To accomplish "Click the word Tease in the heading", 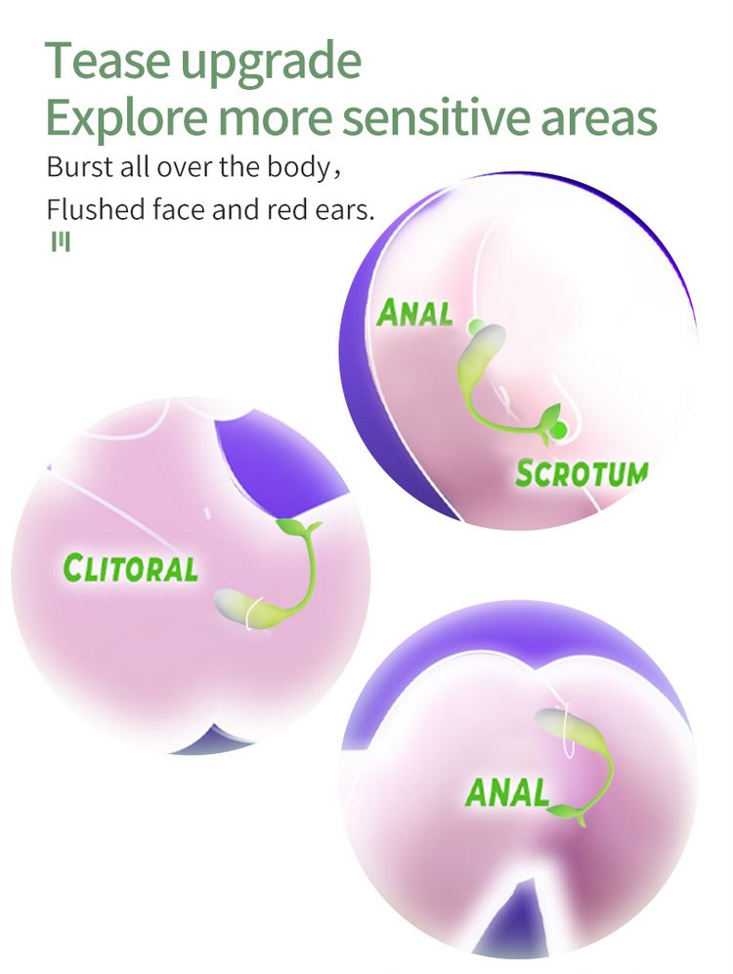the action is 107,61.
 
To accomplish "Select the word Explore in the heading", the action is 127,118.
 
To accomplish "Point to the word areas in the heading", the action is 599,120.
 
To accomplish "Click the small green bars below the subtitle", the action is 61,243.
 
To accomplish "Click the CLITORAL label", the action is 131,568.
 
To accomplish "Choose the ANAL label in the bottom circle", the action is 507,792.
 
